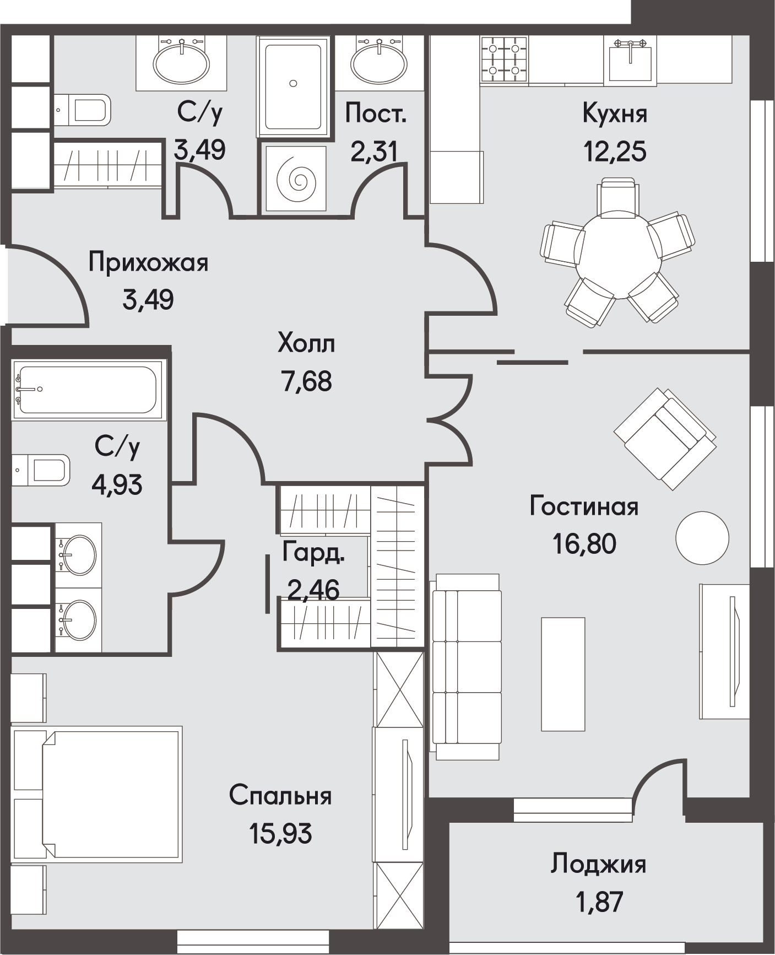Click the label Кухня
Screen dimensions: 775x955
[x=615, y=114]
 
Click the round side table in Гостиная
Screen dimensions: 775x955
[x=702, y=538]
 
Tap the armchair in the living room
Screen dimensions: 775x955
[x=665, y=439]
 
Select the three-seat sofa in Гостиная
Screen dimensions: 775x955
[x=467, y=667]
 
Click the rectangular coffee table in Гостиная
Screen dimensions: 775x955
[x=563, y=674]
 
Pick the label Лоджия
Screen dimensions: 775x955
[x=598, y=864]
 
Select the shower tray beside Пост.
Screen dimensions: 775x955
[x=293, y=87]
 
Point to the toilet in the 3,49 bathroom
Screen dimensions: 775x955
[x=83, y=110]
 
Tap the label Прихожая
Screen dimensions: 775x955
[x=149, y=263]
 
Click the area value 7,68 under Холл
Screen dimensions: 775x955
[x=307, y=381]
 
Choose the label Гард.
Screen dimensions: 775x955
[x=313, y=553]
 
